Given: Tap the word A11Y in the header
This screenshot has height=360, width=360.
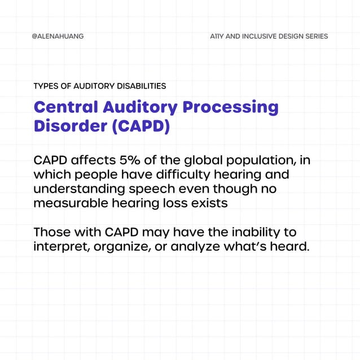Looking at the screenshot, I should [216, 36].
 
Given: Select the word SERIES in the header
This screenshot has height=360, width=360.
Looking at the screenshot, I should [314, 36].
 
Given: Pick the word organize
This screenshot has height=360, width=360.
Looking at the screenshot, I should [123, 247].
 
